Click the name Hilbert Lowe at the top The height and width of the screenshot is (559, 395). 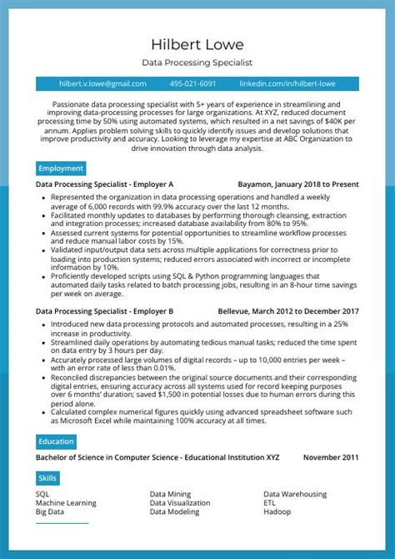(197, 43)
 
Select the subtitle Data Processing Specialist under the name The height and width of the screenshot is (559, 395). (197, 63)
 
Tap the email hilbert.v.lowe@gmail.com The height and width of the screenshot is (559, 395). (102, 84)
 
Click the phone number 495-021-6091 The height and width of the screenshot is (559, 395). (192, 84)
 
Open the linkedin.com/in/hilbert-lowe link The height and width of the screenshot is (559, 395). (286, 84)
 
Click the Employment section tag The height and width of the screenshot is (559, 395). (61, 168)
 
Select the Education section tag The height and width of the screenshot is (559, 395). (57, 441)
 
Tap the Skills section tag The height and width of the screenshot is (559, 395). (47, 478)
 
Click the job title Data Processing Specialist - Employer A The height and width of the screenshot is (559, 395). (105, 184)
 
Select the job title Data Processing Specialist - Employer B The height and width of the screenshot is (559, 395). (105, 310)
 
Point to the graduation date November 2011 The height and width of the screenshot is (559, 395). (331, 457)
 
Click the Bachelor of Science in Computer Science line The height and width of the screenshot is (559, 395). (157, 457)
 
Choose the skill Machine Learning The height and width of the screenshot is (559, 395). (66, 503)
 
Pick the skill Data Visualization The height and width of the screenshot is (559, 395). (180, 503)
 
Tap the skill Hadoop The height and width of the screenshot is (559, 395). (277, 512)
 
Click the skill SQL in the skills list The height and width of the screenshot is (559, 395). (42, 494)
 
